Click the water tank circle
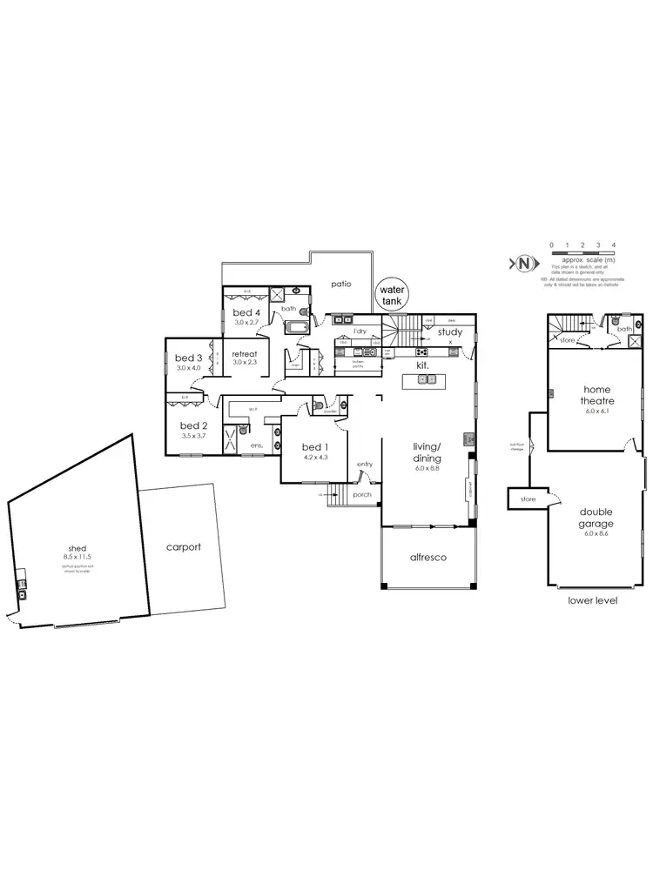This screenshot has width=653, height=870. (x=389, y=294)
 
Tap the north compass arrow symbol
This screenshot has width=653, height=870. (x=523, y=263)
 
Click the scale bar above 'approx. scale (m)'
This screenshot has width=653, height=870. (x=582, y=252)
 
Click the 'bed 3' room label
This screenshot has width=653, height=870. (x=188, y=358)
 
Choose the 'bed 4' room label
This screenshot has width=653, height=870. (x=246, y=312)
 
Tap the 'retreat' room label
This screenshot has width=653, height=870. (x=245, y=353)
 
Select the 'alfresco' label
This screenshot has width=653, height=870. (x=428, y=557)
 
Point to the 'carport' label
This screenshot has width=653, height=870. (x=185, y=547)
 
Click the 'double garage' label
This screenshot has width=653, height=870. (x=596, y=518)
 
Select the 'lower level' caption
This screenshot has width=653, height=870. (x=592, y=600)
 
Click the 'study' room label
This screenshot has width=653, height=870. (x=450, y=331)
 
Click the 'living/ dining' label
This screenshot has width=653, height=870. (x=427, y=452)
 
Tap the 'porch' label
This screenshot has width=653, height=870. (x=363, y=494)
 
